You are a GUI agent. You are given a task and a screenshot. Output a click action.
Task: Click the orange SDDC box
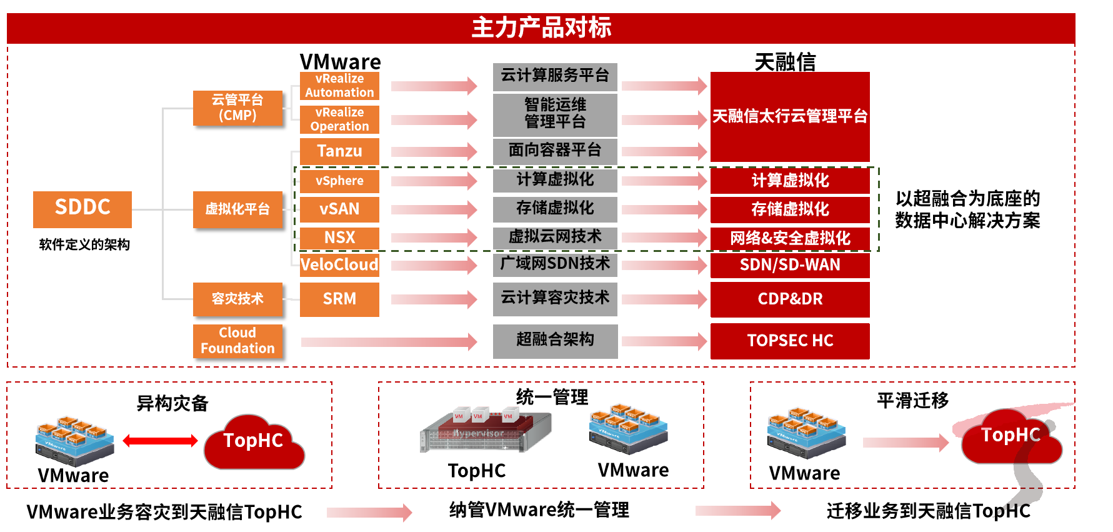pyautogui.click(x=82, y=209)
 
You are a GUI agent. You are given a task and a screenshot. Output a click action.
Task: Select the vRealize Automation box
pyautogui.click(x=339, y=86)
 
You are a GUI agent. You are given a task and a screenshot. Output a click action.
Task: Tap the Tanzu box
pyautogui.click(x=339, y=151)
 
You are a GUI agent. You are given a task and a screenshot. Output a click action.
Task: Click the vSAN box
pyautogui.click(x=339, y=209)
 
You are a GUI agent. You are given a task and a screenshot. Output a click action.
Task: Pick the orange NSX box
pyautogui.click(x=339, y=238)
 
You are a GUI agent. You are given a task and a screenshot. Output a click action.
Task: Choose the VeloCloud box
pyautogui.click(x=339, y=264)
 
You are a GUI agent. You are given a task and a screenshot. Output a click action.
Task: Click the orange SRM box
pyautogui.click(x=339, y=299)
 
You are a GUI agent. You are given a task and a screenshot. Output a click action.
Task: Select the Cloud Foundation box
pyautogui.click(x=237, y=341)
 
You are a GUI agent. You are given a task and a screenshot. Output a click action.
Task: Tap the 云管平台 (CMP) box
pyautogui.click(x=237, y=108)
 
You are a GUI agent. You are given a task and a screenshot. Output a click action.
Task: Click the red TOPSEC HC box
pyautogui.click(x=790, y=341)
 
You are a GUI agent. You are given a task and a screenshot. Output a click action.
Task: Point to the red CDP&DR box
pyautogui.click(x=790, y=299)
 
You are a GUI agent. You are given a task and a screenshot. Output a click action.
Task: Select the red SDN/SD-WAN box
pyautogui.click(x=790, y=265)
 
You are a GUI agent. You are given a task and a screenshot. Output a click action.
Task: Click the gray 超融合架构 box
pyautogui.click(x=555, y=341)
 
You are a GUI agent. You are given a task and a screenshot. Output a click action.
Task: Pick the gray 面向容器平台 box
pyautogui.click(x=555, y=151)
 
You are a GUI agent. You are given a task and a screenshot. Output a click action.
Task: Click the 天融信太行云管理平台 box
pyautogui.click(x=790, y=117)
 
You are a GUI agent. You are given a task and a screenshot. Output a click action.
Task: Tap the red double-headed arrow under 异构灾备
pyautogui.click(x=160, y=441)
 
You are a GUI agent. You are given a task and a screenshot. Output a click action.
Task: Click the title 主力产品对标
pyautogui.click(x=541, y=28)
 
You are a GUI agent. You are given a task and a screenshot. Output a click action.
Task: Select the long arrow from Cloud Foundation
pyautogui.click(x=389, y=341)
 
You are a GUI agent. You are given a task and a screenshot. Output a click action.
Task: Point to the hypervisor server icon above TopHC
pyautogui.click(x=486, y=431)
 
